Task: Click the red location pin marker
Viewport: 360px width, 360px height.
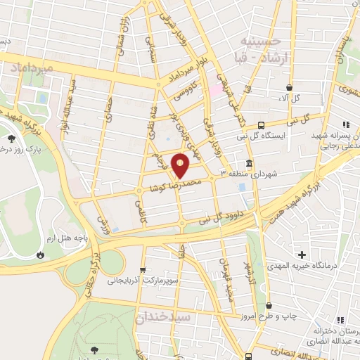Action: tap(181, 165)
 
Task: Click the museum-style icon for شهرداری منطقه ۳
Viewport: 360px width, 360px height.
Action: tap(250, 164)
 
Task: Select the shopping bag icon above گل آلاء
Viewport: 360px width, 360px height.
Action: tap(288, 87)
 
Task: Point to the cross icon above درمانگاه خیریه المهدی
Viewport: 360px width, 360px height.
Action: tap(302, 254)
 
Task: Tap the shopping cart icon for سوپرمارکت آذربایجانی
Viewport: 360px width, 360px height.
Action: tap(143, 269)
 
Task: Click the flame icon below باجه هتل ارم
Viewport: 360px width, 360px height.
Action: tap(41, 255)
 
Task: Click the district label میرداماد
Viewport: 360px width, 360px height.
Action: tap(32, 67)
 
